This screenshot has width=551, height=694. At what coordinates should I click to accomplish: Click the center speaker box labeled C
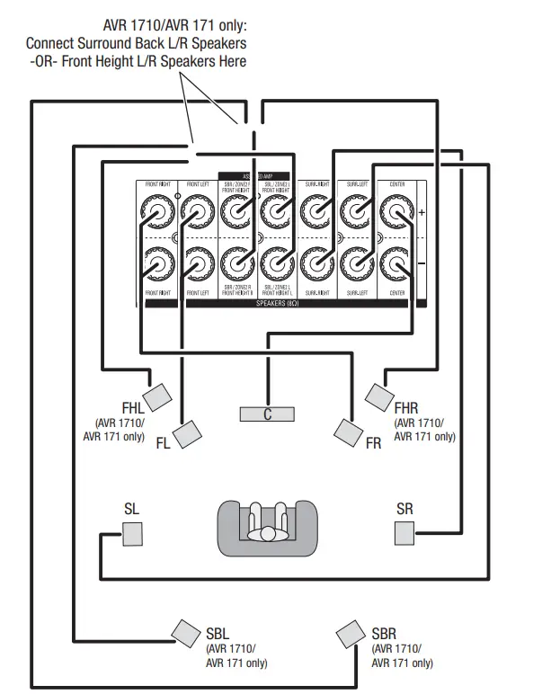tap(267, 414)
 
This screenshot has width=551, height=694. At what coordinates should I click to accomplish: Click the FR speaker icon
tap(347, 432)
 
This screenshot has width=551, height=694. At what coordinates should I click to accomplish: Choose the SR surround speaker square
tap(405, 533)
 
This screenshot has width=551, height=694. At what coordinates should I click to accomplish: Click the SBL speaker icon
tap(186, 633)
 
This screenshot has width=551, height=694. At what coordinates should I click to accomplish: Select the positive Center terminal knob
tap(395, 213)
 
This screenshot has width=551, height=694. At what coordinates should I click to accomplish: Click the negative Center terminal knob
tap(395, 263)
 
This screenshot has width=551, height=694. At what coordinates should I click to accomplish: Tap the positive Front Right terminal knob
tap(158, 214)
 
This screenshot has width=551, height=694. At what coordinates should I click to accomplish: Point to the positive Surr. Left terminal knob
tap(355, 213)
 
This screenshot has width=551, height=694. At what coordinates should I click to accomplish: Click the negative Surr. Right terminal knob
tap(315, 263)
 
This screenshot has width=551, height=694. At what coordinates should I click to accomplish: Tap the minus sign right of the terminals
tap(422, 264)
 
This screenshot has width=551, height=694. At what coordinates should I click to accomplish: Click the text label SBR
tap(384, 634)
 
